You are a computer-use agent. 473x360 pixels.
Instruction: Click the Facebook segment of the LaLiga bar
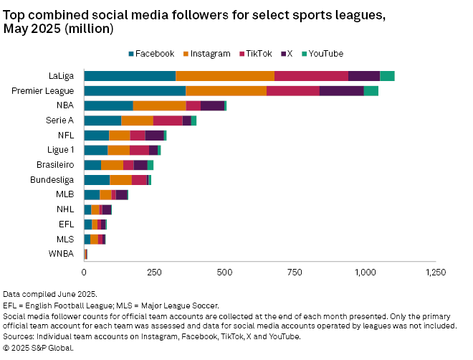(x=130, y=76)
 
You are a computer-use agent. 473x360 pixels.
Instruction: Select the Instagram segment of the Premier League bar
(x=226, y=91)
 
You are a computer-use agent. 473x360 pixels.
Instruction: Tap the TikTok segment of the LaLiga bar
(x=311, y=76)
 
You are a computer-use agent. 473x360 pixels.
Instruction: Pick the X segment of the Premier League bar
(x=341, y=91)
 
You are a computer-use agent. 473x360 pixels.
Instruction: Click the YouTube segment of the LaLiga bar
(x=387, y=76)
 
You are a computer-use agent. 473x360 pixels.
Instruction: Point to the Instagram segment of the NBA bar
(x=159, y=105)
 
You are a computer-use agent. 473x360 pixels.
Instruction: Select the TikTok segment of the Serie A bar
(x=168, y=120)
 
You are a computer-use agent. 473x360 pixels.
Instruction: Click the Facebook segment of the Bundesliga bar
(x=97, y=179)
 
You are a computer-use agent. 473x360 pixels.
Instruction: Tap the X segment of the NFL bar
(x=154, y=135)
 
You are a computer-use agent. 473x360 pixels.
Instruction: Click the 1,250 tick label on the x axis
(x=436, y=273)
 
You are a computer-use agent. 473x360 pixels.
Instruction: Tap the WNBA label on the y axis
(x=61, y=253)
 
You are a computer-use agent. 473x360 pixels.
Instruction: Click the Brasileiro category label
(x=55, y=164)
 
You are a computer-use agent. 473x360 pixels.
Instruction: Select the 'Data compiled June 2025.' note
(x=49, y=295)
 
